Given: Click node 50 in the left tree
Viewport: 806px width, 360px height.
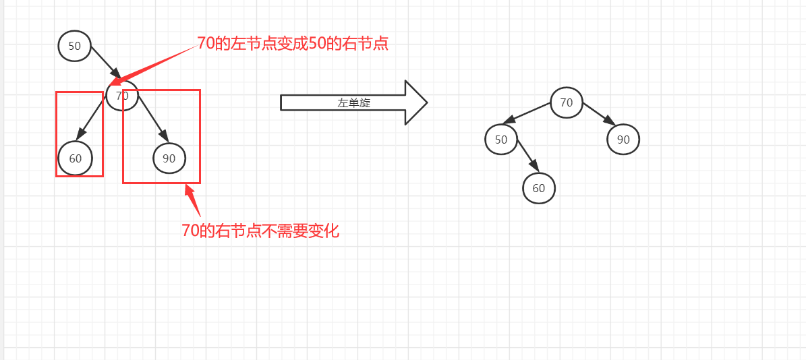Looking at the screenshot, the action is pos(74,46).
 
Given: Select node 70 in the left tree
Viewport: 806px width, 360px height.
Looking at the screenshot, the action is pos(122,96).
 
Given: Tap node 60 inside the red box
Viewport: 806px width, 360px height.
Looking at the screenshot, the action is pos(75,158).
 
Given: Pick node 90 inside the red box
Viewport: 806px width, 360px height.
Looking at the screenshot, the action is pos(169,158).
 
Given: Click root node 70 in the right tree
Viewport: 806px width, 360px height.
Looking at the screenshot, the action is pos(566,102).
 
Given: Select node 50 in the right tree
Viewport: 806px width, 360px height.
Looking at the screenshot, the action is pos(500,140).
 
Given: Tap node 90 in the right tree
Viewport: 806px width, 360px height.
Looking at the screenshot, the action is pos(623,140).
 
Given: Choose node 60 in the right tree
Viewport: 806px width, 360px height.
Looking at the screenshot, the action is pos(538,188).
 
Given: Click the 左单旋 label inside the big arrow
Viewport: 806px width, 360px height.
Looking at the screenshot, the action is pos(354,103).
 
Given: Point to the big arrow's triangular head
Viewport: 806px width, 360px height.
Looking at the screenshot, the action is pos(415,102).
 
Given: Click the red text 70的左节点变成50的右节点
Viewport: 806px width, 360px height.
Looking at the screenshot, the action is pos(293,44).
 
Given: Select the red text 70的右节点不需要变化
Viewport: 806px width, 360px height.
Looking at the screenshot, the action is pos(260,231).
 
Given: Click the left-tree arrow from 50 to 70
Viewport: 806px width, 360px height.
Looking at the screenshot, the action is pos(105,62).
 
